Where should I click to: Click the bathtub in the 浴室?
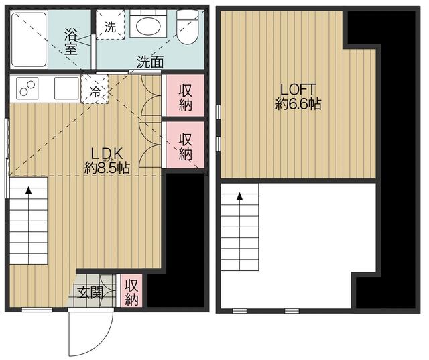(29, 40)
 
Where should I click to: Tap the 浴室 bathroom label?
(70, 41)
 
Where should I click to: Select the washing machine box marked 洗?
(110, 25)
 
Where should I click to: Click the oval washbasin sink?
(148, 26)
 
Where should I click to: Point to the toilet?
(187, 27)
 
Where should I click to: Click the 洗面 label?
(150, 62)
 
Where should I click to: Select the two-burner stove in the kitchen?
(27, 88)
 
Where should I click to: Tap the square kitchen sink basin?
(66, 88)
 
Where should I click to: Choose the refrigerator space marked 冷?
(95, 90)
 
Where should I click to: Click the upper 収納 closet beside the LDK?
(185, 95)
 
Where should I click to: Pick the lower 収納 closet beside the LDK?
(185, 145)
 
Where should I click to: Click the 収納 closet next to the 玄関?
(131, 290)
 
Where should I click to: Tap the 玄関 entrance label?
(90, 293)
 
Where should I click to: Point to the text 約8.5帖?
(107, 168)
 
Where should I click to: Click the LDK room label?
(107, 154)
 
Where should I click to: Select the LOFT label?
(298, 90)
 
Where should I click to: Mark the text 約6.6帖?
(298, 103)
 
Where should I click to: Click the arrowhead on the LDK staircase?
(28, 190)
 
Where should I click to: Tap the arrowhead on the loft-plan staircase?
(240, 196)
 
